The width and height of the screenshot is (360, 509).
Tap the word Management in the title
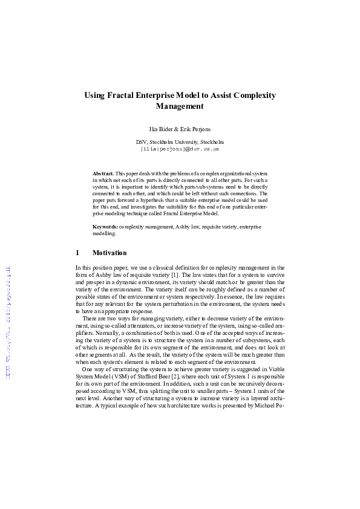point(180,106)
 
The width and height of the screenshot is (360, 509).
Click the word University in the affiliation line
point(189,142)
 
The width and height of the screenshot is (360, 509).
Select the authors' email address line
point(180,148)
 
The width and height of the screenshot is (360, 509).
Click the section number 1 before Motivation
point(77,253)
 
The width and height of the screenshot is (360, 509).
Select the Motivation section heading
point(110,253)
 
